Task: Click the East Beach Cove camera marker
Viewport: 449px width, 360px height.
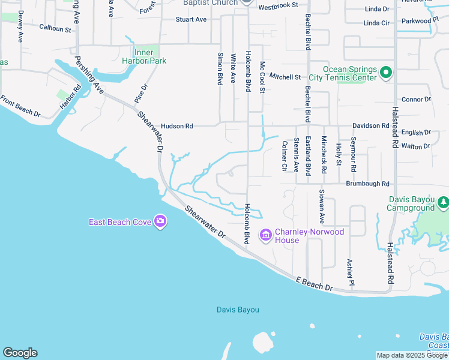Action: click(x=160, y=222)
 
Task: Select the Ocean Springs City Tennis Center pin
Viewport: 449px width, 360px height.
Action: click(x=386, y=73)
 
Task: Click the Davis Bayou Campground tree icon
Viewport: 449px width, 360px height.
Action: click(x=443, y=203)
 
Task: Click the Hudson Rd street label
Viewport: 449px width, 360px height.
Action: click(x=177, y=127)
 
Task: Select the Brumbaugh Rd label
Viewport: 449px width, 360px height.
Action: click(x=367, y=184)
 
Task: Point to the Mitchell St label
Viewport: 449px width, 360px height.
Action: click(x=285, y=77)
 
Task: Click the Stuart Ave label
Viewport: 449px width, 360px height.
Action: click(x=191, y=20)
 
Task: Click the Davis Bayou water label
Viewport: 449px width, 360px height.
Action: click(x=238, y=310)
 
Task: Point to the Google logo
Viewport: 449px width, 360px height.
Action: click(x=20, y=353)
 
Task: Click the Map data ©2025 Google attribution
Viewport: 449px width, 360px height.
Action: click(x=411, y=355)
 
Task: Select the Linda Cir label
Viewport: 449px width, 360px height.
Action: click(x=376, y=23)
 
